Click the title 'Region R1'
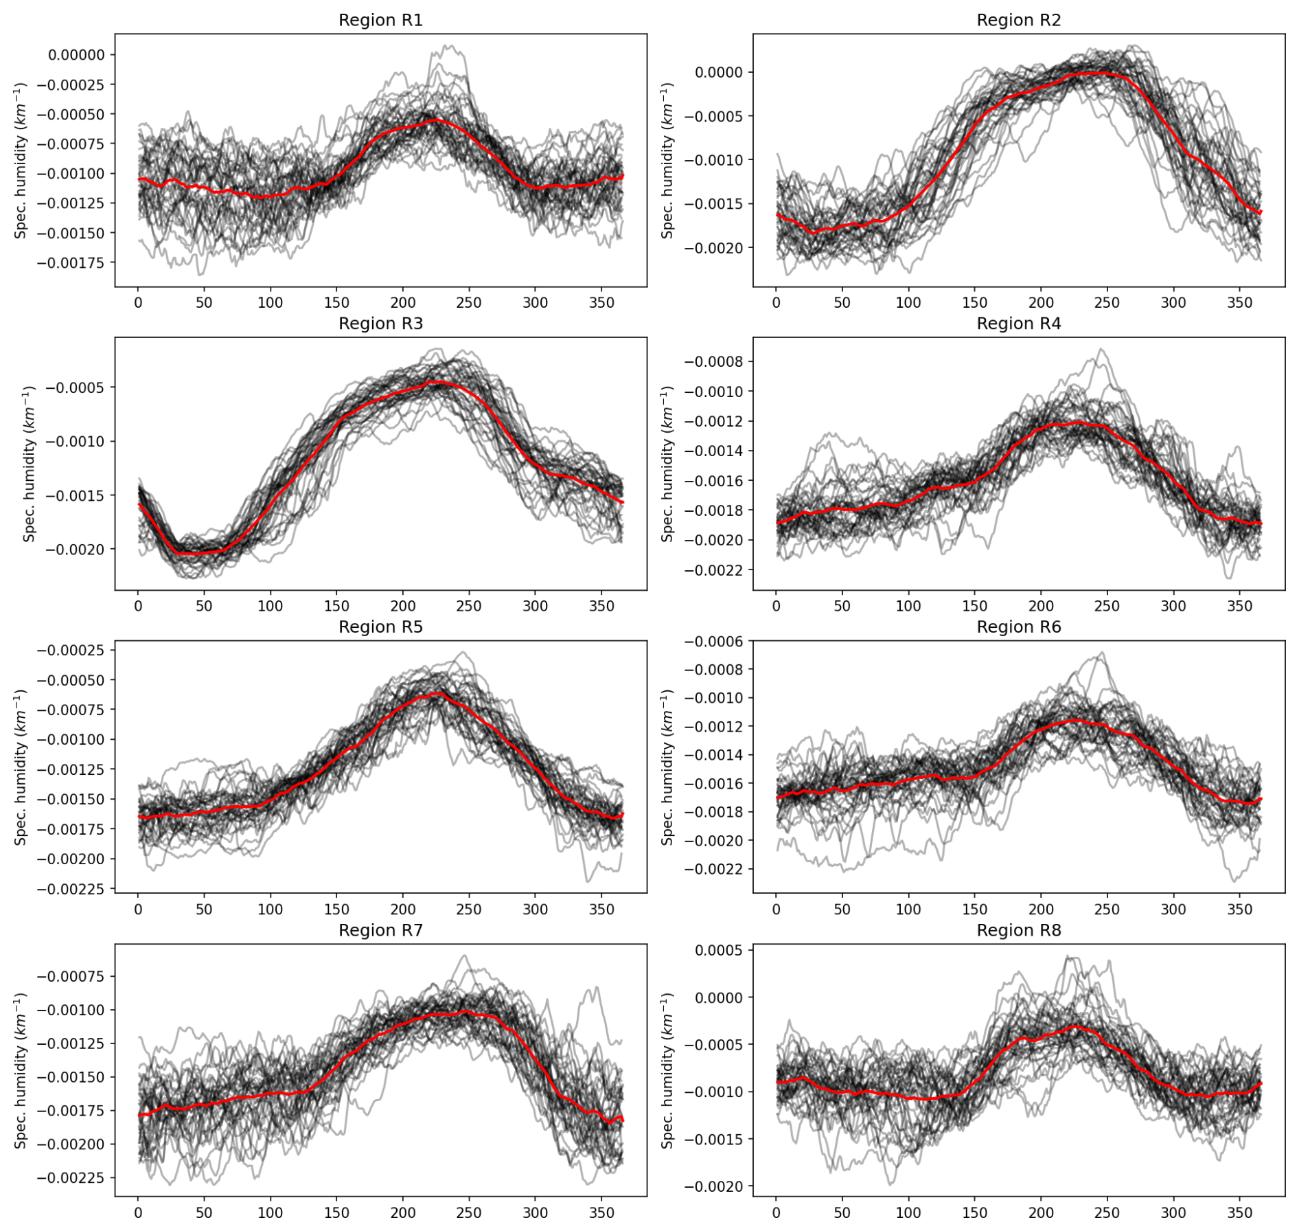[x=380, y=21]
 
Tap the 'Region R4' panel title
[x=1018, y=324]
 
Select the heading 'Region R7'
[x=380, y=930]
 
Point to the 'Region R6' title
[x=1018, y=627]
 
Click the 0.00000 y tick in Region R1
[x=76, y=55]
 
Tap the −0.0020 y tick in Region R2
[x=714, y=248]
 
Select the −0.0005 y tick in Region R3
[x=76, y=388]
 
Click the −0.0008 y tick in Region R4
[x=714, y=362]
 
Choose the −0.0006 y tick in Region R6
[x=714, y=642]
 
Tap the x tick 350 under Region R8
[x=1239, y=1213]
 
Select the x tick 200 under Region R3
[x=403, y=606]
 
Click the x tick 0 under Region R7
[x=138, y=1213]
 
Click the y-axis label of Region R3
[x=29, y=464]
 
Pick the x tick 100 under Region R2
[x=908, y=303]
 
